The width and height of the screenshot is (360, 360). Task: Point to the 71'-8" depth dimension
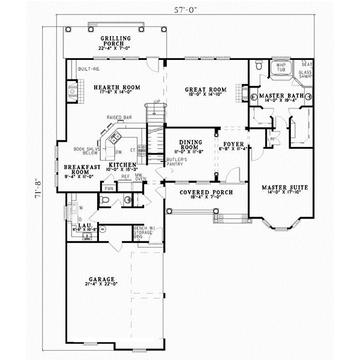[x=39, y=187]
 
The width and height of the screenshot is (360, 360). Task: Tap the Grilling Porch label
[x=116, y=41]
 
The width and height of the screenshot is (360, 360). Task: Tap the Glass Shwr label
[x=307, y=74]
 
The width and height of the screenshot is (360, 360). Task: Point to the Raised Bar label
[x=119, y=117]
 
